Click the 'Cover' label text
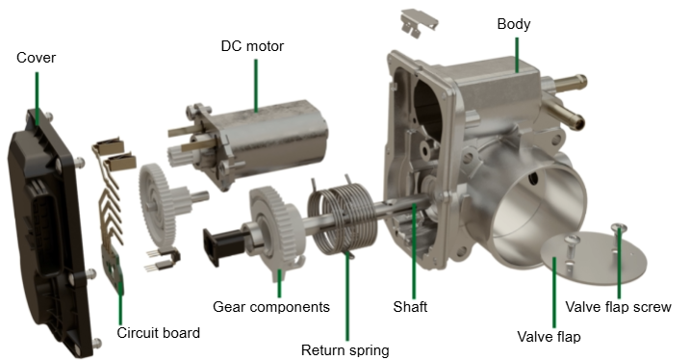point(36,58)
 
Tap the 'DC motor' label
point(252,46)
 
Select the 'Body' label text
point(514,24)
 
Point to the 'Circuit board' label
point(159,333)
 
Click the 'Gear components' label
point(271,307)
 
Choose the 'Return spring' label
point(345,350)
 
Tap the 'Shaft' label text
point(410,307)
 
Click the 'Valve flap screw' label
point(618,307)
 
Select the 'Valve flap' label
point(549,337)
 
